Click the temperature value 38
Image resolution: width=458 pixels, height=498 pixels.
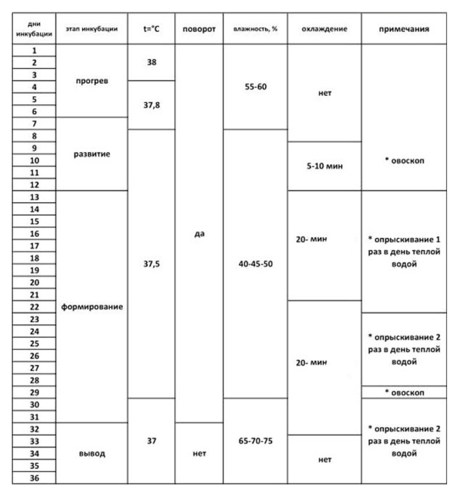click(152, 62)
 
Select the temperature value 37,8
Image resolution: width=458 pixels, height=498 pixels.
click(152, 105)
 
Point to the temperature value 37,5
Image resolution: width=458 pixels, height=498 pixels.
click(152, 264)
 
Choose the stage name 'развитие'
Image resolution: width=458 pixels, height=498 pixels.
click(92, 155)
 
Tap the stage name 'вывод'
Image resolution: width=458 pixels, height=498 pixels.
click(92, 452)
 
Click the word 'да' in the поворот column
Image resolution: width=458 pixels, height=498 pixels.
click(199, 233)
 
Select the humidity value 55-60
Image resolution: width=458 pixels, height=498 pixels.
click(256, 86)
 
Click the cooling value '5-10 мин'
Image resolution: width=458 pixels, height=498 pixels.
click(325, 166)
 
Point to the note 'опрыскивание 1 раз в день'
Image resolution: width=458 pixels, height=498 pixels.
click(404, 252)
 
